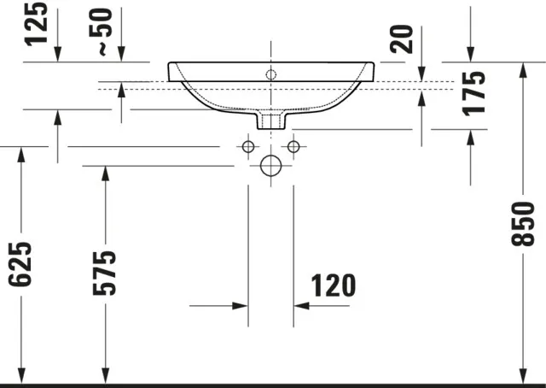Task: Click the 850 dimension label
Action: [522, 223]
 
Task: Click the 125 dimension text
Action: [35, 26]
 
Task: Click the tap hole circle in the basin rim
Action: [271, 74]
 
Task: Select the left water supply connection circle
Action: [248, 147]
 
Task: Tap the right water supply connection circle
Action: [294, 147]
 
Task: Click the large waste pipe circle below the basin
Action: [271, 166]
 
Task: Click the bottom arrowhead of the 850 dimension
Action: [523, 375]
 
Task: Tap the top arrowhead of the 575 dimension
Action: [105, 172]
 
